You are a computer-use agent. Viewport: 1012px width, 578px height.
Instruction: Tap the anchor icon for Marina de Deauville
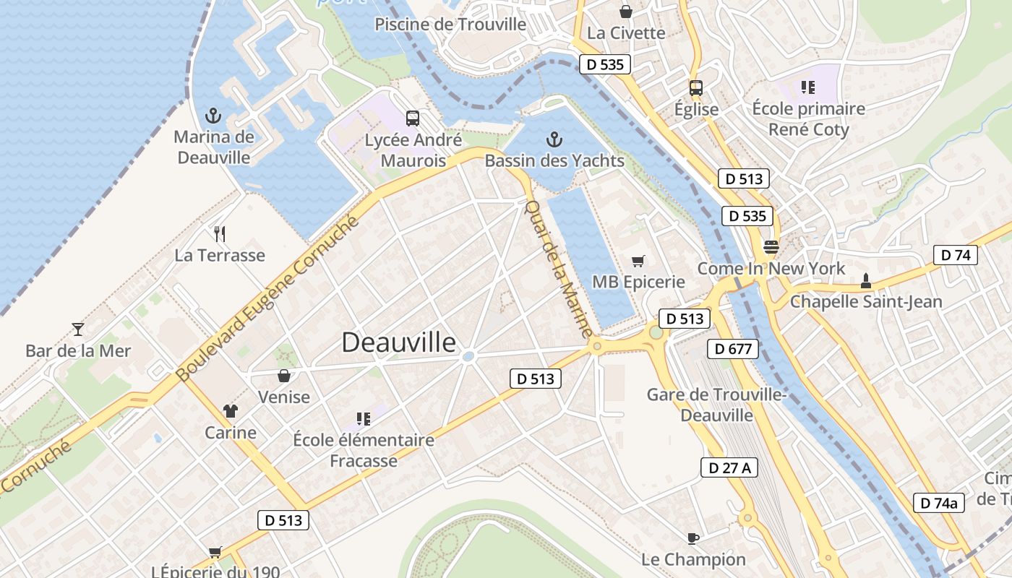pyautogui.click(x=213, y=115)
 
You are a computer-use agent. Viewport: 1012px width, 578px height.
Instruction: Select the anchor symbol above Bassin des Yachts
pyautogui.click(x=554, y=139)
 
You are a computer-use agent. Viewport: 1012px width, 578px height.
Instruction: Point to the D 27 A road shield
pyautogui.click(x=729, y=467)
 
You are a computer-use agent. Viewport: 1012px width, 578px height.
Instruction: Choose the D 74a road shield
pyautogui.click(x=939, y=503)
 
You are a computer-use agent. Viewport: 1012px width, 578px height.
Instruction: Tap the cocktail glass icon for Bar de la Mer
pyautogui.click(x=78, y=329)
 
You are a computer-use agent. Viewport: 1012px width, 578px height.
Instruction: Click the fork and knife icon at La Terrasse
pyautogui.click(x=220, y=233)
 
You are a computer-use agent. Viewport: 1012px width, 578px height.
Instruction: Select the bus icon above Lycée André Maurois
pyautogui.click(x=413, y=118)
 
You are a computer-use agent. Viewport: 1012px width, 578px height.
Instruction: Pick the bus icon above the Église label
pyautogui.click(x=695, y=88)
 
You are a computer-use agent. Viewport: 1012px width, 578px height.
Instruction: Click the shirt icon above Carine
pyautogui.click(x=231, y=411)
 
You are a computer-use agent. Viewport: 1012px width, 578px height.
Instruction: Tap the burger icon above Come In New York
pyautogui.click(x=771, y=247)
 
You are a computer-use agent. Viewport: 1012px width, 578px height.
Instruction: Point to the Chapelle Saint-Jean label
pyautogui.click(x=866, y=301)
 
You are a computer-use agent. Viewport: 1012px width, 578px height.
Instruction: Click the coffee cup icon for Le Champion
pyautogui.click(x=692, y=538)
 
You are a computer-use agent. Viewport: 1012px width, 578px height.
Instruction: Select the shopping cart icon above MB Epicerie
pyautogui.click(x=638, y=261)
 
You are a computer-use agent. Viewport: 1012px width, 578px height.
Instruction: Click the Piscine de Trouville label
pyautogui.click(x=450, y=24)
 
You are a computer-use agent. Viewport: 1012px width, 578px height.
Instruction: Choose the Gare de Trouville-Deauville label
pyautogui.click(x=716, y=405)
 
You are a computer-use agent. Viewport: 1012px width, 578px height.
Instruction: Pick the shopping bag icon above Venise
pyautogui.click(x=284, y=376)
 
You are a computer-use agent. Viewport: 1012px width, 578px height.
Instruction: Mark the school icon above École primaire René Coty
pyautogui.click(x=807, y=88)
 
